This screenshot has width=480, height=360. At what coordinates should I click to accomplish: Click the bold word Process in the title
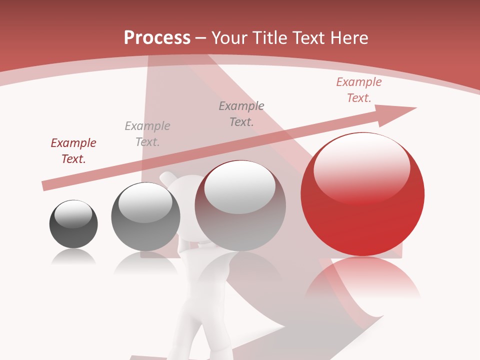[157, 38]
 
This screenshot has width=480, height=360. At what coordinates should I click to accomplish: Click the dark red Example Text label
[73, 151]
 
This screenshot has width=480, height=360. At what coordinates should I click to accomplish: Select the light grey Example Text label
[147, 134]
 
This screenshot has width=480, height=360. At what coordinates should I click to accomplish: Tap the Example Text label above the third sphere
[241, 114]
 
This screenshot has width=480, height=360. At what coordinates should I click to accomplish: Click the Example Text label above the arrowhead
[359, 90]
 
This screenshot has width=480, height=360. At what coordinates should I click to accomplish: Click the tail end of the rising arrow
[45, 186]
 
